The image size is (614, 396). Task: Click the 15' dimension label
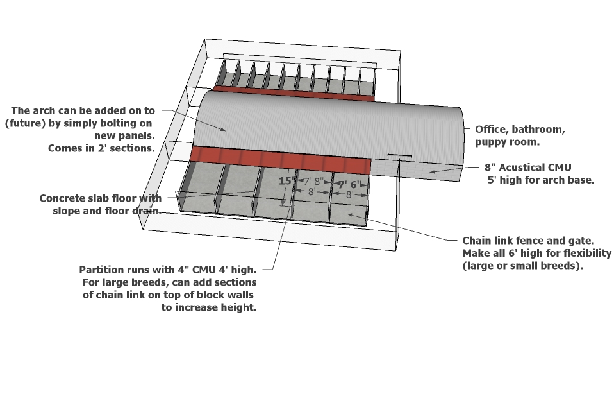click(285, 181)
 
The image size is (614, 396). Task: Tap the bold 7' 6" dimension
click(350, 184)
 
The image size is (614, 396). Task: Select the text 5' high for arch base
click(542, 180)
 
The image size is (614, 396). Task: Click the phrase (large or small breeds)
click(522, 266)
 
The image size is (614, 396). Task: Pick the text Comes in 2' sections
click(101, 148)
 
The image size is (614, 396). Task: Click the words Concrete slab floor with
click(101, 198)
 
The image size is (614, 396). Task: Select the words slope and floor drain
click(106, 211)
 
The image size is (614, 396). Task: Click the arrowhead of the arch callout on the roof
click(224, 130)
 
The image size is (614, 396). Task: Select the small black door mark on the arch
click(399, 155)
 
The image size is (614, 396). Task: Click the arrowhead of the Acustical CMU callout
click(431, 171)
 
